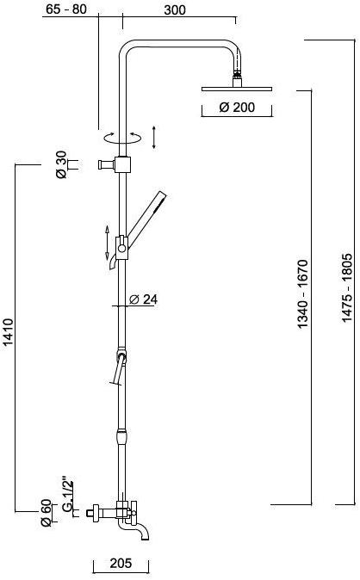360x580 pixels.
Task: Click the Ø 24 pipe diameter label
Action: [143, 299]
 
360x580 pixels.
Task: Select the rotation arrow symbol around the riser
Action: [121, 136]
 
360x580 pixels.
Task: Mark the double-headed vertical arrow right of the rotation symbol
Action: [153, 136]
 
